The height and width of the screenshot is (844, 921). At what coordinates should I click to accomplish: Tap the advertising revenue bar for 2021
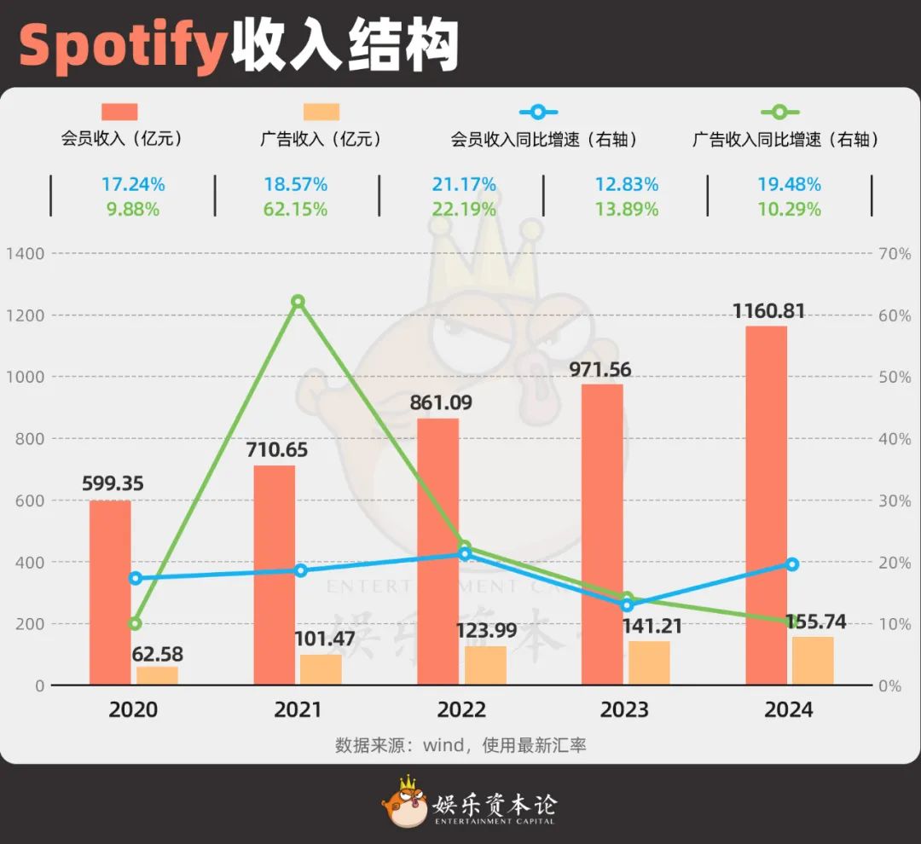pos(321,669)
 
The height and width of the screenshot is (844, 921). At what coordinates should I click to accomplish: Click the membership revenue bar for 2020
pos(110,593)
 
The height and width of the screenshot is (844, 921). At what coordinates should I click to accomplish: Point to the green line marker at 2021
pos(298,301)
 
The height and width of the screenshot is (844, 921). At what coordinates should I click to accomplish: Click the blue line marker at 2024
pos(791,564)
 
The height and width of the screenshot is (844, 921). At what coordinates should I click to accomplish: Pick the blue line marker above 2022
pos(465,553)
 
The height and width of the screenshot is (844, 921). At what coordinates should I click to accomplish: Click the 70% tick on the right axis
pos(894,253)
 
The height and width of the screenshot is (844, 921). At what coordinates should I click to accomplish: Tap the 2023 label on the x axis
pos(625,709)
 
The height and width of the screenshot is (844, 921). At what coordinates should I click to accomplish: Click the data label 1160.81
pos(769,311)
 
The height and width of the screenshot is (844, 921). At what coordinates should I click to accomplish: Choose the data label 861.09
pos(440,402)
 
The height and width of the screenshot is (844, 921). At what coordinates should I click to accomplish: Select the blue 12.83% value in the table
pos(627,184)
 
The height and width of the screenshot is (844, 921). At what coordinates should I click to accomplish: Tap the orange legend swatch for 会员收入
pos(119,112)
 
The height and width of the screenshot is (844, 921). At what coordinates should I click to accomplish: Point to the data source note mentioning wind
pos(460,744)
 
